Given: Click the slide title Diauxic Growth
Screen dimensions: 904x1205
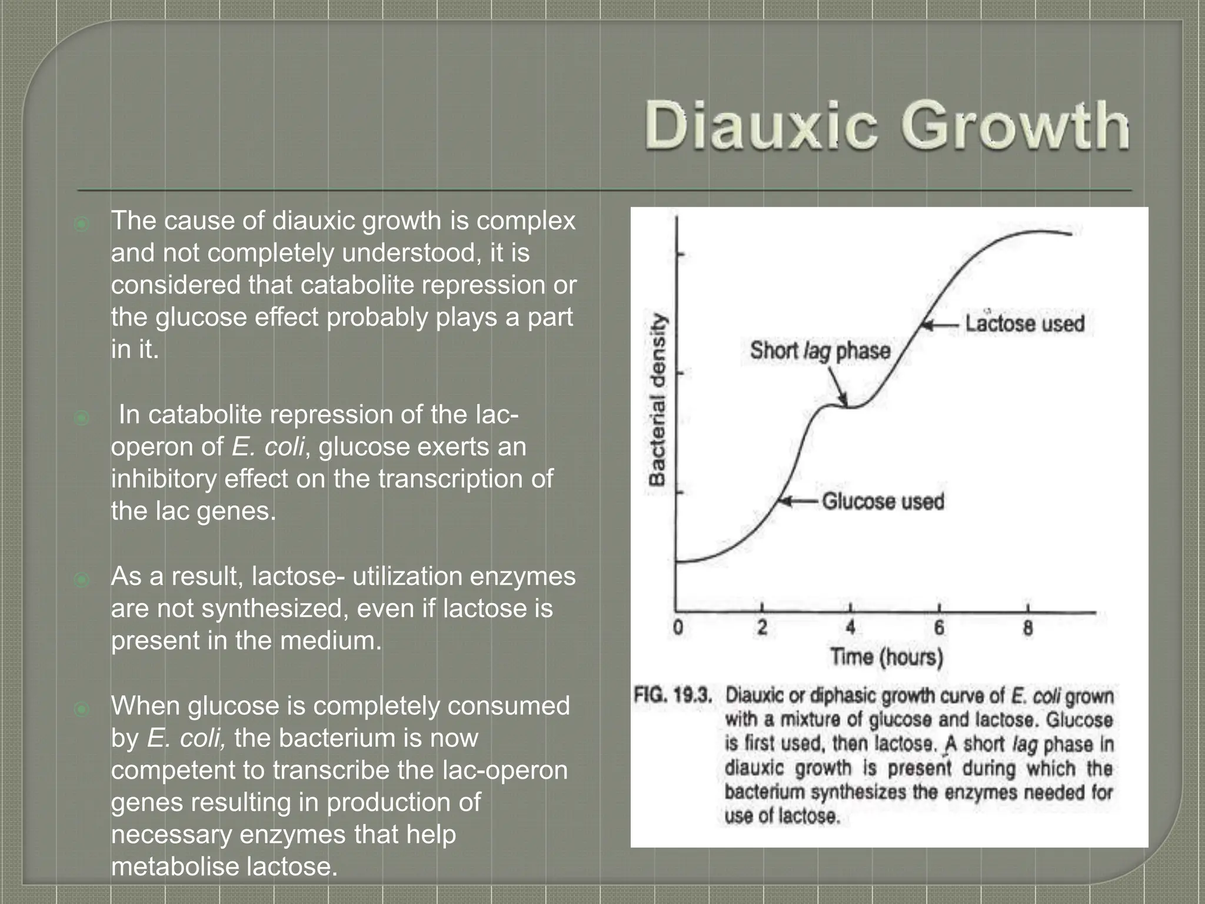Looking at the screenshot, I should [887, 126].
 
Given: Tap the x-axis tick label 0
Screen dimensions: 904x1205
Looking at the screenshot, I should [678, 629].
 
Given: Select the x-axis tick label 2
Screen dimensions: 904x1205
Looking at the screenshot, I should [762, 629].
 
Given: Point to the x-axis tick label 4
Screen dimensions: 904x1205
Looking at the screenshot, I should [850, 629].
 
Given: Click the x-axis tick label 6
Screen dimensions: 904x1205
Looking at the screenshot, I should [939, 629].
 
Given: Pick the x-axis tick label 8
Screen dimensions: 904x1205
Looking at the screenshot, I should [1027, 629].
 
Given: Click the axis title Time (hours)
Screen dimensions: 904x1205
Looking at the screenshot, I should [886, 657].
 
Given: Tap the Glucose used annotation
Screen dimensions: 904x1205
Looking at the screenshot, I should [883, 501].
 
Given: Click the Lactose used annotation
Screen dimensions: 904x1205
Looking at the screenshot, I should [1024, 323].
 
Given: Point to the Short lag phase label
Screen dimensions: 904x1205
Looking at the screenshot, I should [820, 351].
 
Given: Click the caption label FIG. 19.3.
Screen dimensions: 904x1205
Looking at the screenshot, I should [673, 696].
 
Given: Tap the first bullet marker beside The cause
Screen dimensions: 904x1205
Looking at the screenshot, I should [82, 224].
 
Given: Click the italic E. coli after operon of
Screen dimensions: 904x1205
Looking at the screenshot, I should [268, 447].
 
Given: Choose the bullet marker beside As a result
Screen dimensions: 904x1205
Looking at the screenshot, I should [82, 580].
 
